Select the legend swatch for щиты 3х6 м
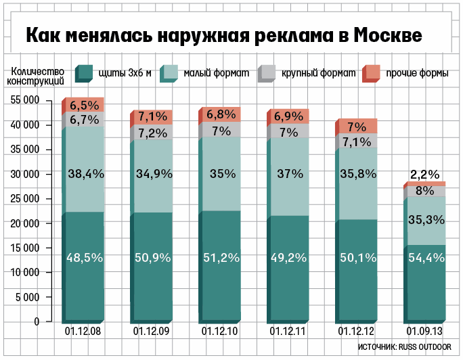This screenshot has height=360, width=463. click(83, 73)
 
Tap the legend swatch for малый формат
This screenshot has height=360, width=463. click(169, 73)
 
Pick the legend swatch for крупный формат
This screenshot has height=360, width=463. click(267, 73)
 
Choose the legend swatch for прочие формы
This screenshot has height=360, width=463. click(371, 73)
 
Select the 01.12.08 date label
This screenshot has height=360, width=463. click(83, 332)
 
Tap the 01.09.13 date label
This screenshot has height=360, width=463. click(424, 332)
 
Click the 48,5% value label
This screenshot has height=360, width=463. click(85, 257)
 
